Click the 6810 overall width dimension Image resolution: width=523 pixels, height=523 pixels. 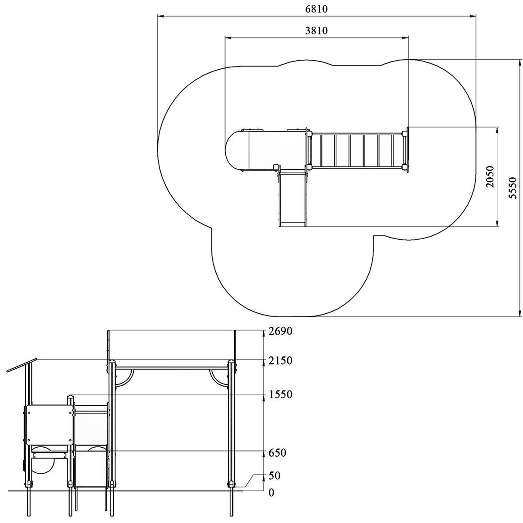click(316, 9)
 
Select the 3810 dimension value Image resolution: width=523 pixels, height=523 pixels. click(316, 31)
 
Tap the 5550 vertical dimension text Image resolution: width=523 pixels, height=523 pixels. click(513, 188)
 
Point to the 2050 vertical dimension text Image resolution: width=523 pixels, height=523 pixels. click(490, 177)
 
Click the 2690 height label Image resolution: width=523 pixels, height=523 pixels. click(280, 331)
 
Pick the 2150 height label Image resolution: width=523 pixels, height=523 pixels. click(280, 361)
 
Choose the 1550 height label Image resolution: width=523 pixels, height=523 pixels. click(280, 394)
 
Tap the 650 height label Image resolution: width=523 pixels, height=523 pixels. click(277, 453)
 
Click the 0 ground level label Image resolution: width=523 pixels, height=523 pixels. click(272, 500)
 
